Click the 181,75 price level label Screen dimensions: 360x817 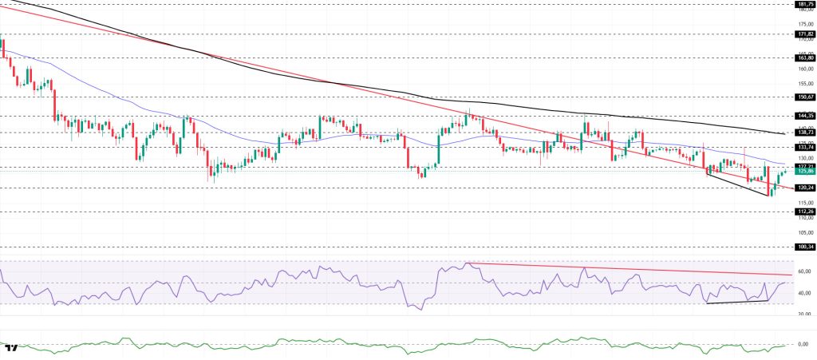click(804, 4)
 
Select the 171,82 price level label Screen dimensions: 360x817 click(804, 34)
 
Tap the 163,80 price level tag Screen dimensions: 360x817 click(804, 57)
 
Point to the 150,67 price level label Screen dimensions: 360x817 click(804, 97)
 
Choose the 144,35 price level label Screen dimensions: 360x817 click(804, 116)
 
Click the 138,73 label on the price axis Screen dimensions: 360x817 click(804, 133)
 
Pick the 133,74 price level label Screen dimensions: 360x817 click(804, 148)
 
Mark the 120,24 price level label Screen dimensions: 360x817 click(804, 188)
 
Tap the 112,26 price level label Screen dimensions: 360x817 click(804, 212)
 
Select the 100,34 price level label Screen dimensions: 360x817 click(804, 247)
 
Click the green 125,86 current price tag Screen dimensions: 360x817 click(804, 172)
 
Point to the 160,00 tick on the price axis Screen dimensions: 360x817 click(804, 69)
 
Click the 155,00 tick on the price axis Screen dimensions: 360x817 click(804, 83)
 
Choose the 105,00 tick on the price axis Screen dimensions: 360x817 click(804, 232)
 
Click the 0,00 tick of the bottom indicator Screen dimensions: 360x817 click(804, 344)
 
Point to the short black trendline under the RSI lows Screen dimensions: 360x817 click(737, 302)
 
